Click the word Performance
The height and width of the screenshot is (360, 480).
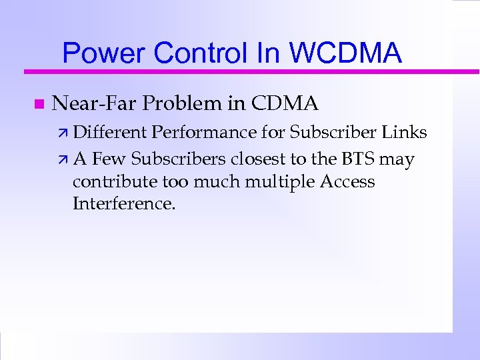point(203,133)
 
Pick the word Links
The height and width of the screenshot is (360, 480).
point(405,133)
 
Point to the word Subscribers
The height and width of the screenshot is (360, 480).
point(180,159)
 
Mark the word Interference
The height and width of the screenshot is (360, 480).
point(124,203)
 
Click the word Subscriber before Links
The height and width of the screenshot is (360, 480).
point(333,133)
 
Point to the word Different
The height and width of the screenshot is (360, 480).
point(110,133)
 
